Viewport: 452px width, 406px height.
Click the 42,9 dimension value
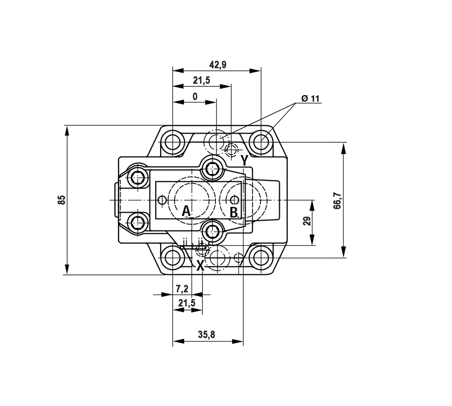218,65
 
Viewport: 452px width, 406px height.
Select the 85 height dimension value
62,200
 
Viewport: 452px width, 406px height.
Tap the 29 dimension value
307,221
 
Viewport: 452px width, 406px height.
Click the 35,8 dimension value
206,335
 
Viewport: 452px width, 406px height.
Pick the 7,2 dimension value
182,288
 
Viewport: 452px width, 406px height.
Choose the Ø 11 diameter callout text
310,98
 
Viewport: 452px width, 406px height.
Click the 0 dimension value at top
195,96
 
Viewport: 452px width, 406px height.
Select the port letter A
186,212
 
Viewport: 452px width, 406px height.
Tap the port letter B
234,213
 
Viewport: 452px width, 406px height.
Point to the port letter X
200,266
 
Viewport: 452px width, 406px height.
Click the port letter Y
244,160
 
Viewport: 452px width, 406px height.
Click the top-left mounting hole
172,142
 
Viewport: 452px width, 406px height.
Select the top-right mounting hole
261,142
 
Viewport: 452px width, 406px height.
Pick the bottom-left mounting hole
172,257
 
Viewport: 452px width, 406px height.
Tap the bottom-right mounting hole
261,257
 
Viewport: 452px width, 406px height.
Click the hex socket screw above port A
212,168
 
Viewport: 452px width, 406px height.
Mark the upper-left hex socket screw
137,178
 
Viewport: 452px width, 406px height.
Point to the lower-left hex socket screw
137,222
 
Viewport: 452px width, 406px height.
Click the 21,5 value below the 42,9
201,80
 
